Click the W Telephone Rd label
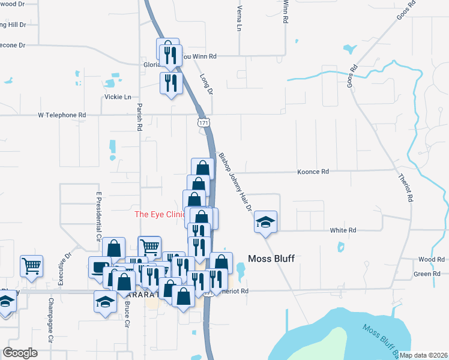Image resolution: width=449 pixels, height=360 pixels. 62,115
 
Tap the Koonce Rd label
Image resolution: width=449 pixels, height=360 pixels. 313,172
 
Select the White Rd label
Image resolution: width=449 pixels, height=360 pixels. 343,230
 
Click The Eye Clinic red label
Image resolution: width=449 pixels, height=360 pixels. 158,214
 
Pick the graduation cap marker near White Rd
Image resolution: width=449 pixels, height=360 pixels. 265,223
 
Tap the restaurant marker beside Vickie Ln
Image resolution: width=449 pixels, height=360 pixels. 171,83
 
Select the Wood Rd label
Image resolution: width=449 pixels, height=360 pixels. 432,259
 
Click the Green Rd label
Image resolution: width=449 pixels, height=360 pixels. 427,274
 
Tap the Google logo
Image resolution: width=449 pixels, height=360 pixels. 20,352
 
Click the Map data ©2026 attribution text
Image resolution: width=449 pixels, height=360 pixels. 423,355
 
